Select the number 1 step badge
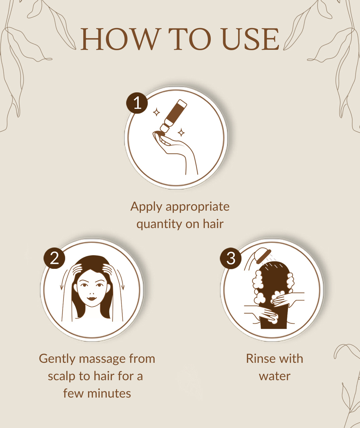(x=137, y=103)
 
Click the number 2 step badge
(x=54, y=258)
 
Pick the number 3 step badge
(x=231, y=258)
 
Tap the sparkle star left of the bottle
(x=157, y=112)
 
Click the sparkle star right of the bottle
(x=181, y=132)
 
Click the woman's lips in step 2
(x=92, y=298)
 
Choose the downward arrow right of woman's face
(x=121, y=280)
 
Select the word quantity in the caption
(x=159, y=224)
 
